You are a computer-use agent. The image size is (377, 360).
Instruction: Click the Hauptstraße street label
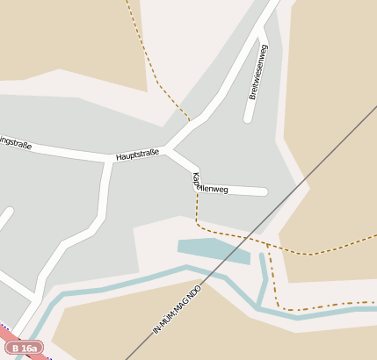(x=137, y=155)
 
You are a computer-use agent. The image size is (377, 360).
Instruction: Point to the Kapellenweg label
(x=210, y=185)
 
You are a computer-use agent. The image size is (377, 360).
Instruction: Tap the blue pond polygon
(x=211, y=249)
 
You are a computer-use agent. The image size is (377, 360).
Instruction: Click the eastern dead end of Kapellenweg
(x=264, y=191)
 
